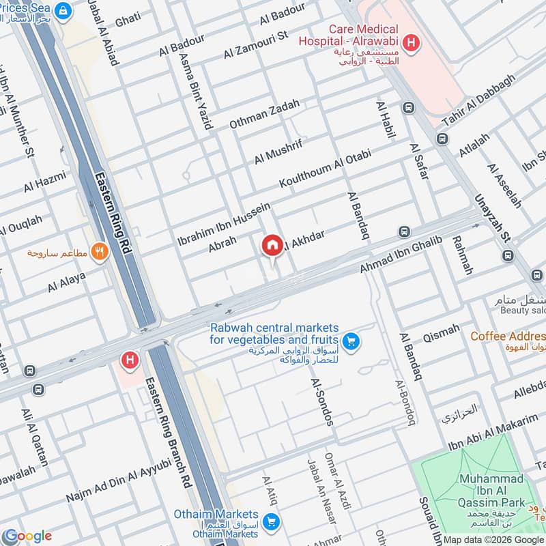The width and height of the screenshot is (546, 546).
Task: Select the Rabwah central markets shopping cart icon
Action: [x=352, y=340]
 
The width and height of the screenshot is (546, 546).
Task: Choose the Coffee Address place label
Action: [x=508, y=336]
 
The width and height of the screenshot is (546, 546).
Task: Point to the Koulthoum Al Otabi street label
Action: [x=324, y=168]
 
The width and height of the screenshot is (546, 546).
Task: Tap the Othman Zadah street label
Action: [x=264, y=114]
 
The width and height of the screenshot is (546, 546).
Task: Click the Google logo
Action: [x=27, y=536]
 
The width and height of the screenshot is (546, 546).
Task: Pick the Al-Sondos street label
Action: [x=322, y=402]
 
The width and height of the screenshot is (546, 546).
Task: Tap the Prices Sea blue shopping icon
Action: [x=63, y=10]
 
